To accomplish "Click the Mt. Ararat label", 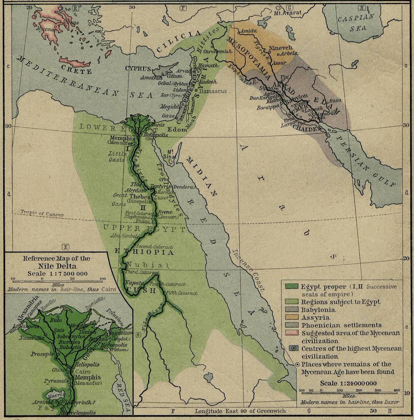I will (x=288, y=13).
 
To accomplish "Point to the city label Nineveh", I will (x=280, y=48).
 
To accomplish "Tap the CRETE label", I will (x=76, y=70).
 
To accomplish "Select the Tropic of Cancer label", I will (x=42, y=213).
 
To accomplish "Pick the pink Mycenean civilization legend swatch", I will (x=293, y=333).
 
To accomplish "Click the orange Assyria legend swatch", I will (x=293, y=318).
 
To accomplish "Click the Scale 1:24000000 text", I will (x=348, y=383).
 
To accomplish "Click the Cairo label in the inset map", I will (x=83, y=372).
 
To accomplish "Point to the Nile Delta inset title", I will (x=56, y=266).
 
